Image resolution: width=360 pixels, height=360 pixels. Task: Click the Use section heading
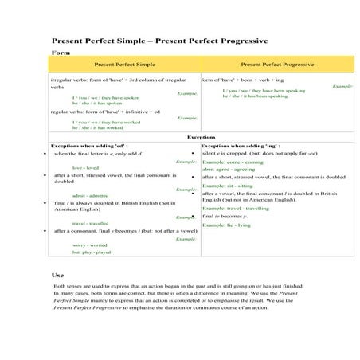pyautogui.click(x=58, y=274)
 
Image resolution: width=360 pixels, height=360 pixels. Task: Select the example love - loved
pyautogui.click(x=84, y=168)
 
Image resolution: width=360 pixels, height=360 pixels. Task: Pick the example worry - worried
pyautogui.click(x=88, y=245)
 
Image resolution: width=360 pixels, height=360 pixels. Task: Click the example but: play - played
pyautogui.click(x=92, y=252)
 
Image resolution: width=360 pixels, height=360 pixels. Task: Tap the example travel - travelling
pyautogui.click(x=242, y=208)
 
